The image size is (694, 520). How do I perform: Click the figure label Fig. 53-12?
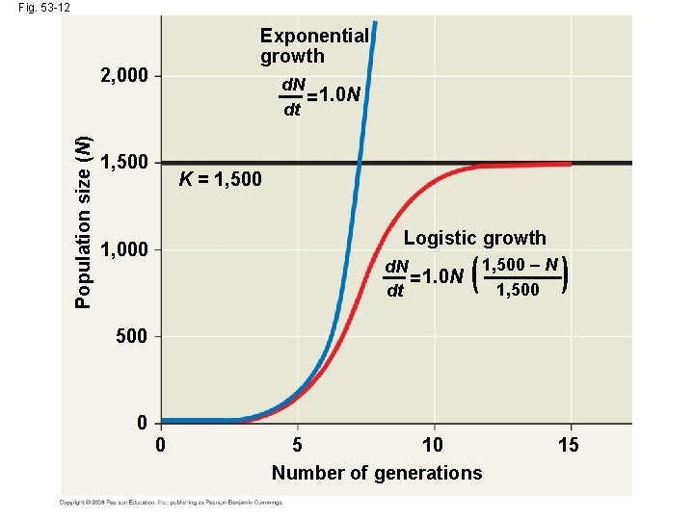pos(35,8)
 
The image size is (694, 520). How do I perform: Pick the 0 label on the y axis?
pos(142,424)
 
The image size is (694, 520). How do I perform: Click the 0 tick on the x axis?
pos(161,445)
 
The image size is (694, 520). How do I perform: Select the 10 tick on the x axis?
pos(433,445)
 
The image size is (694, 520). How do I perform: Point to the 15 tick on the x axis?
pos(571,445)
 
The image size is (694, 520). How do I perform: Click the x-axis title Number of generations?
pos(377,473)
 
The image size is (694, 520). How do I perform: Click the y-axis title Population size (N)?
pos(85,222)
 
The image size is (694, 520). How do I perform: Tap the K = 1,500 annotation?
pos(220,180)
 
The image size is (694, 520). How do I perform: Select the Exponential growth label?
pos(314,45)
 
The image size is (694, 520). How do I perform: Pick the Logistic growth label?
pos(474,238)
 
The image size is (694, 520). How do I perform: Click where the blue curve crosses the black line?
pos(360,162)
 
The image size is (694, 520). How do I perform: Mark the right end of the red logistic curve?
pos(571,164)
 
